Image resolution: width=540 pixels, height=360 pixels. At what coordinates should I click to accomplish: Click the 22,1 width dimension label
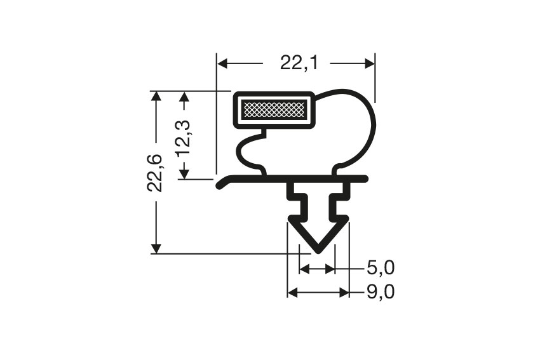[295, 63]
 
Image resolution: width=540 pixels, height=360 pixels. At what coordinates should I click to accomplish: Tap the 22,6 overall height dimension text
[155, 172]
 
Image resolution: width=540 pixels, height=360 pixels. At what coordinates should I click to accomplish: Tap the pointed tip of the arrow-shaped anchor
[318, 250]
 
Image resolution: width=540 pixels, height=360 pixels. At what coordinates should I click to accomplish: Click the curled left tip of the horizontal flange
[220, 185]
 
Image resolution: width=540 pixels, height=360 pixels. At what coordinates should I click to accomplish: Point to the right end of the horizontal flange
[365, 179]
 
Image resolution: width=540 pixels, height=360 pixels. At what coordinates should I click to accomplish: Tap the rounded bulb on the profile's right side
[356, 127]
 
